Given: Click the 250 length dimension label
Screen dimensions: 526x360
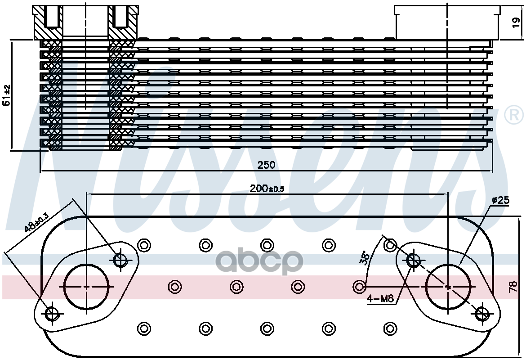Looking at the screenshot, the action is pyautogui.click(x=266, y=165).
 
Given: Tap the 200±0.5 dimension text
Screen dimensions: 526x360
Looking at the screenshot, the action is pyautogui.click(x=267, y=189).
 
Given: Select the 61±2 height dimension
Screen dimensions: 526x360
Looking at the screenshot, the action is pyautogui.click(x=7, y=95).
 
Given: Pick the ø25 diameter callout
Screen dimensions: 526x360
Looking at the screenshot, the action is pyautogui.click(x=500, y=201).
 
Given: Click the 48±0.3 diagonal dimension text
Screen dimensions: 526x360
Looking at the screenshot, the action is pyautogui.click(x=36, y=222).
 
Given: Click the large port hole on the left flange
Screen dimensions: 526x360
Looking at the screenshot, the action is pyautogui.click(x=87, y=287).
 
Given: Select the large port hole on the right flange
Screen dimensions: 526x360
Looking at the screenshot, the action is pyautogui.click(x=447, y=287).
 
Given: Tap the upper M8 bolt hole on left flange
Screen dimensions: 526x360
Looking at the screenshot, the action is pyautogui.click(x=121, y=259).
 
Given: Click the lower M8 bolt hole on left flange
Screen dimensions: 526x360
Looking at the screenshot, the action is pyautogui.click(x=52, y=314).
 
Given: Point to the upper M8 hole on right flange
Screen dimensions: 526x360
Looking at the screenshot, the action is pyautogui.click(x=413, y=259).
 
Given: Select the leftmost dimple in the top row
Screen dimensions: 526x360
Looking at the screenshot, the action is pyautogui.click(x=144, y=245).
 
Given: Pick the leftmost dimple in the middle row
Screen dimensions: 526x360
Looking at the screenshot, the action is pyautogui.click(x=174, y=286).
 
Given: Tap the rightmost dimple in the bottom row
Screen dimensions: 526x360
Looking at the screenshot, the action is pyautogui.click(x=389, y=328).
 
